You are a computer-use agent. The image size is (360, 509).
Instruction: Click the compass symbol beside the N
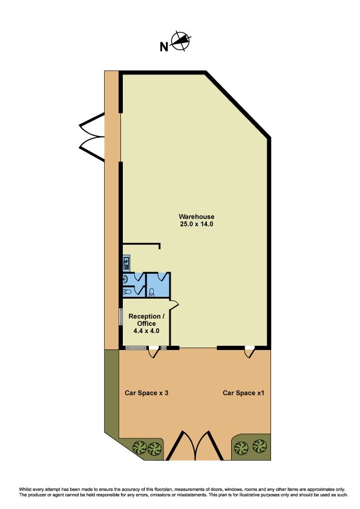(181, 42)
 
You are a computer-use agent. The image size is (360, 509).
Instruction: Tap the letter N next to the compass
(164, 47)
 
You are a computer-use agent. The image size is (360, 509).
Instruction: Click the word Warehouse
(197, 216)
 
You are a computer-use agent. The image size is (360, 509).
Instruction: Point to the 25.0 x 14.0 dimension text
(197, 224)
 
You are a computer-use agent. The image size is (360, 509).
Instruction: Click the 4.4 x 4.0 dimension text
(146, 331)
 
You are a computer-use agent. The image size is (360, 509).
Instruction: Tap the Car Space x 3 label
(146, 393)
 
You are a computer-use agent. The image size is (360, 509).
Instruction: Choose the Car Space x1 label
(243, 393)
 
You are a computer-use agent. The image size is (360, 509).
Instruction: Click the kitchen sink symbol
(126, 262)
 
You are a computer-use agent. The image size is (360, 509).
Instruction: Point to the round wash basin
(125, 279)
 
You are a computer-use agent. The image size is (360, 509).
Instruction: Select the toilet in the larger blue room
(151, 293)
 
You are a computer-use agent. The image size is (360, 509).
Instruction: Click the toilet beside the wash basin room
(127, 292)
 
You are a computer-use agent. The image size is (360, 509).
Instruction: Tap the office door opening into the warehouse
(174, 305)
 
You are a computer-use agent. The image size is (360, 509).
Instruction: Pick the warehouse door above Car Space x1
(250, 352)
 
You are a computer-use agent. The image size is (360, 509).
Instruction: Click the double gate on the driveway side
(91, 137)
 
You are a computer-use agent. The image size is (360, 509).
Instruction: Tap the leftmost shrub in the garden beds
(140, 448)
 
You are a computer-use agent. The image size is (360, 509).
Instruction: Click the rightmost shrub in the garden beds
(260, 447)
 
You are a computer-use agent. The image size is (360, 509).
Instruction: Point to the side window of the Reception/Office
(120, 317)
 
